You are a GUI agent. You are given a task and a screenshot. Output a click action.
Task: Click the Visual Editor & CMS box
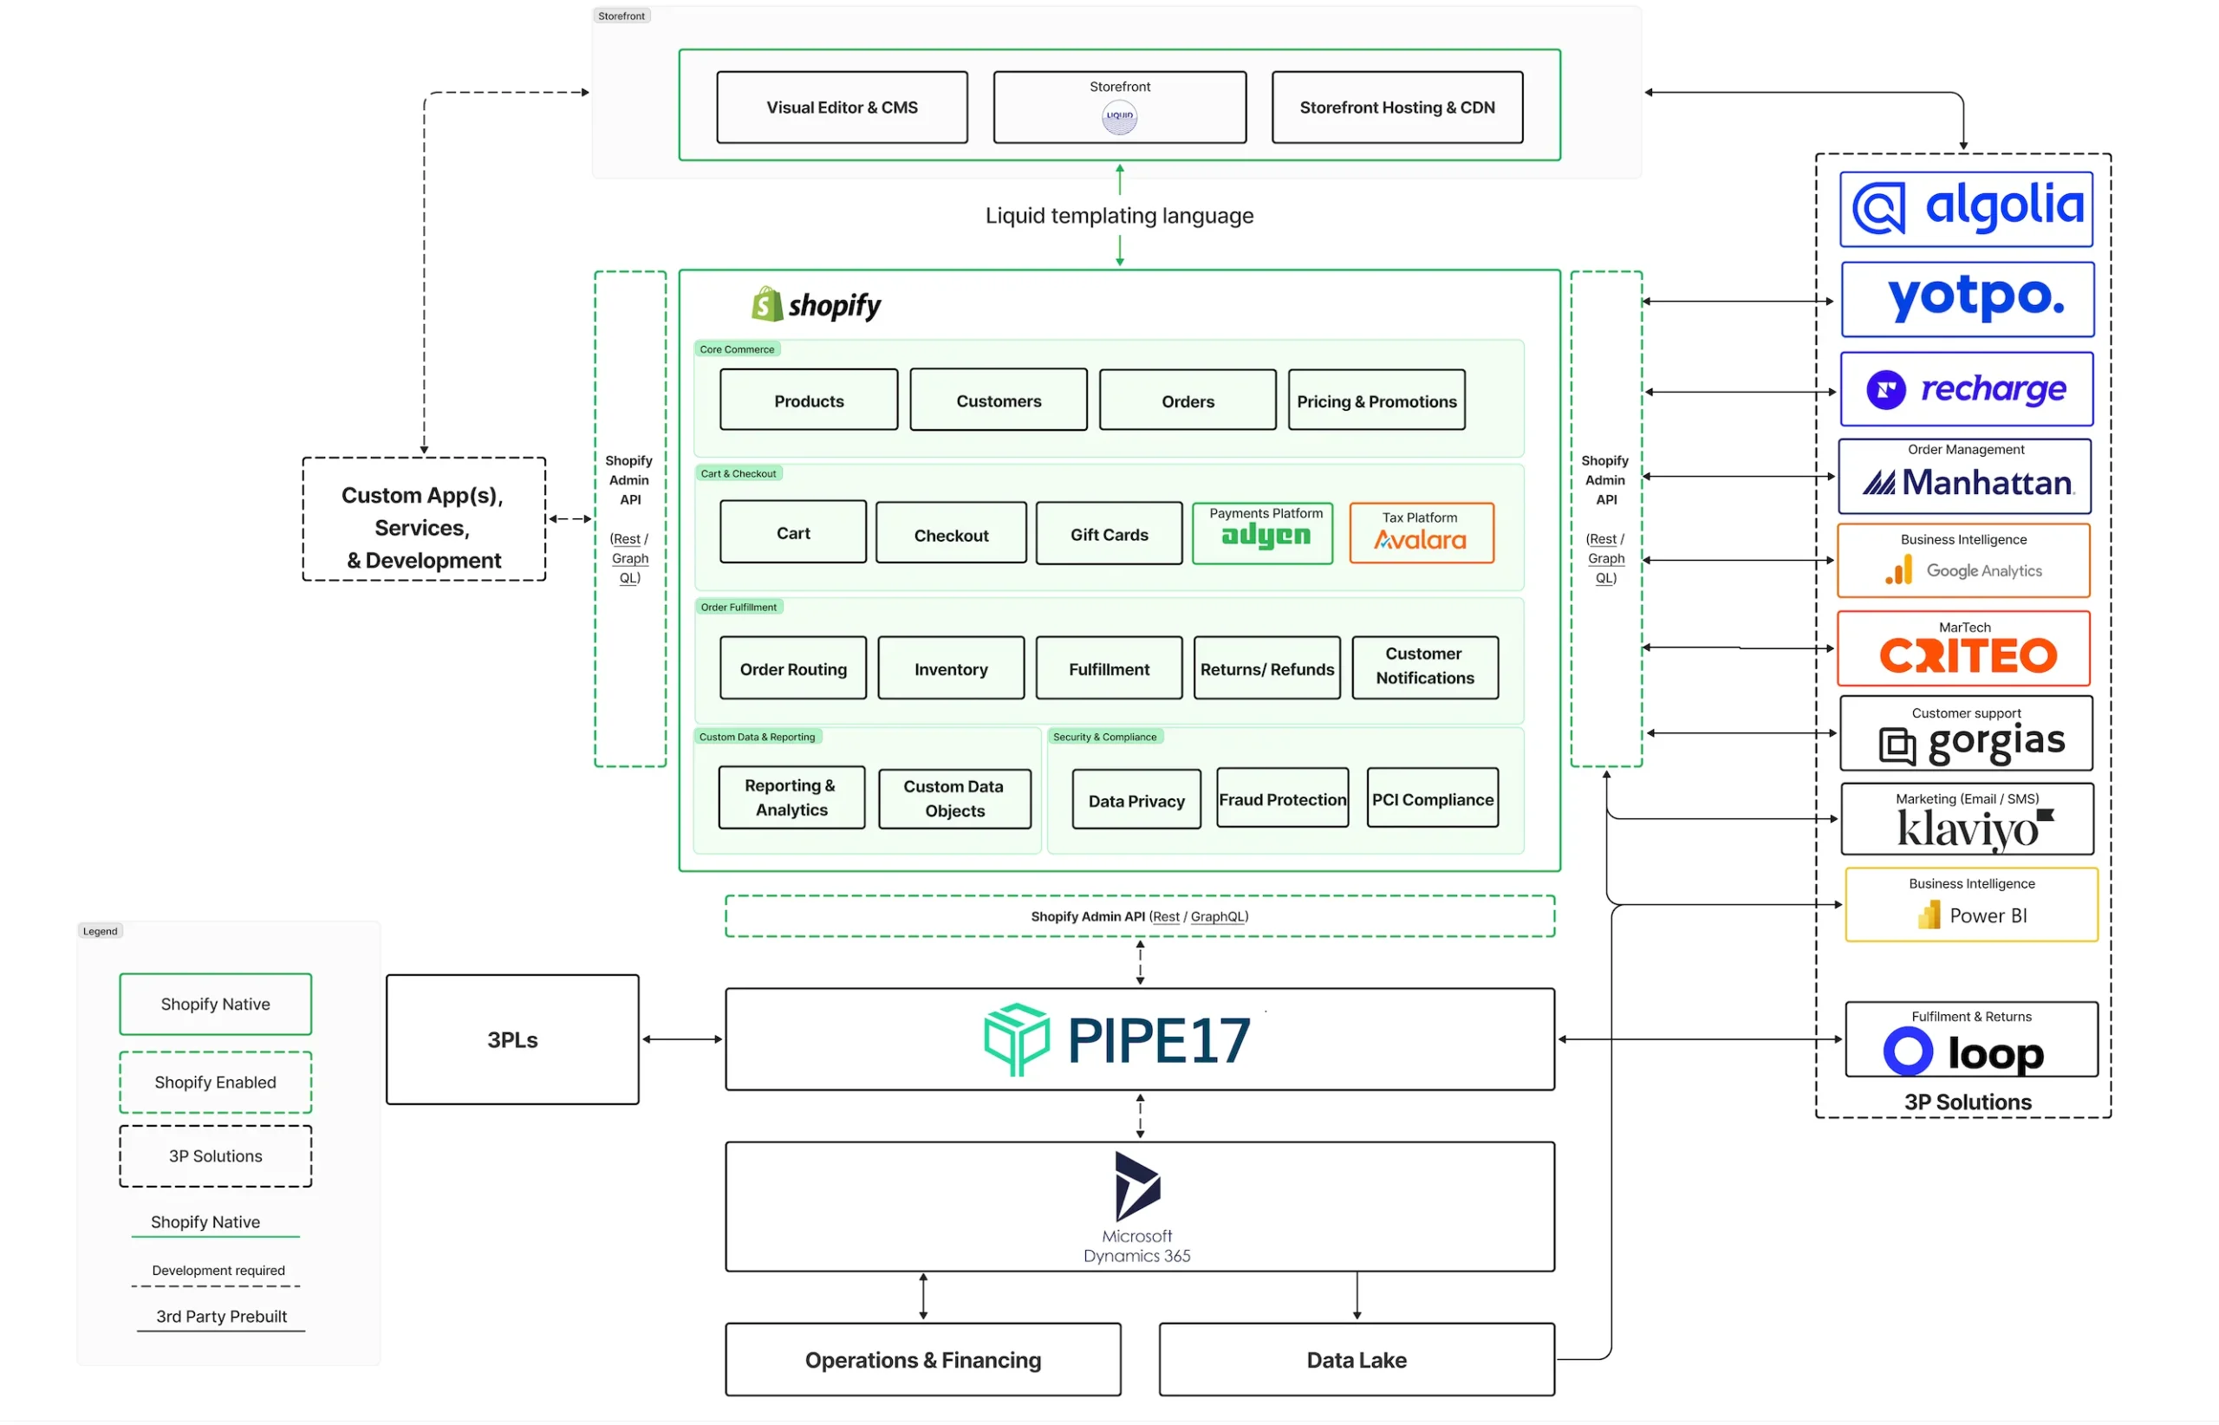842,107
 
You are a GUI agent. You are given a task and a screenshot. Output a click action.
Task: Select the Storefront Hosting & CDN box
1397,107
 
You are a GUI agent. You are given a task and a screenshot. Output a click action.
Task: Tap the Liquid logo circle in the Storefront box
1120,117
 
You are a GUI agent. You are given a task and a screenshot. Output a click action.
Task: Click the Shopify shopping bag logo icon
767,303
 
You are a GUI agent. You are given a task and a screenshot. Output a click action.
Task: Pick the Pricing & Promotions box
1377,400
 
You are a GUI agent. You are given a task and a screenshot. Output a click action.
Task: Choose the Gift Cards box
1109,534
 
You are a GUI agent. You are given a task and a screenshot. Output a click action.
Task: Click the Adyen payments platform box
1263,533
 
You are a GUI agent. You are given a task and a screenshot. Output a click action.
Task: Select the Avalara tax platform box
1422,533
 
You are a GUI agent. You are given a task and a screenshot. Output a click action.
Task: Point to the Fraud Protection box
1283,797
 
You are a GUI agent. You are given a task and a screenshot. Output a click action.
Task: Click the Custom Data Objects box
954,798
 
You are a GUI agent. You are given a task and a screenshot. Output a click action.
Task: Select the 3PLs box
512,1039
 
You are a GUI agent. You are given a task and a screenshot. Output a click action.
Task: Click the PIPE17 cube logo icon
1016,1039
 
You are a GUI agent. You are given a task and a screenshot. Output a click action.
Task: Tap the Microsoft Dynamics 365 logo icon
1137,1187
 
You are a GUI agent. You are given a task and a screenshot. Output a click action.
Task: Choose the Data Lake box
1357,1359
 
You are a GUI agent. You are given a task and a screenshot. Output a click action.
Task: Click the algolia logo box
1967,209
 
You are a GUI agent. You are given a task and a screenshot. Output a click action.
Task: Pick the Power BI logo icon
1929,915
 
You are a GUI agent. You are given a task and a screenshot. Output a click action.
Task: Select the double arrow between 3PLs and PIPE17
682,1039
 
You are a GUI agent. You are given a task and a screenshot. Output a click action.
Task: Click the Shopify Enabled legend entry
216,1082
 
